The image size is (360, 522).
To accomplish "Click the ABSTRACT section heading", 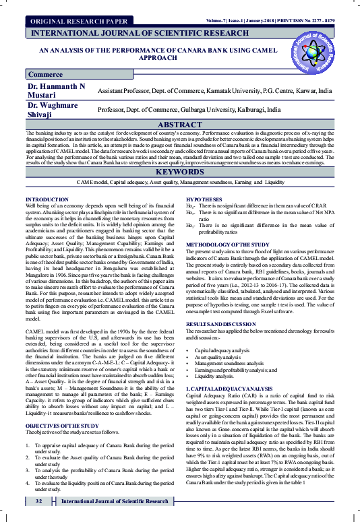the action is (180, 125).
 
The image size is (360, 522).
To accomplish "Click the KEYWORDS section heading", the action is (180, 172).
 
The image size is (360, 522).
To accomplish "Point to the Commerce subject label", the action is (46, 75).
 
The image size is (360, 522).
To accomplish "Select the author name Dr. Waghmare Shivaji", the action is (50, 110).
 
